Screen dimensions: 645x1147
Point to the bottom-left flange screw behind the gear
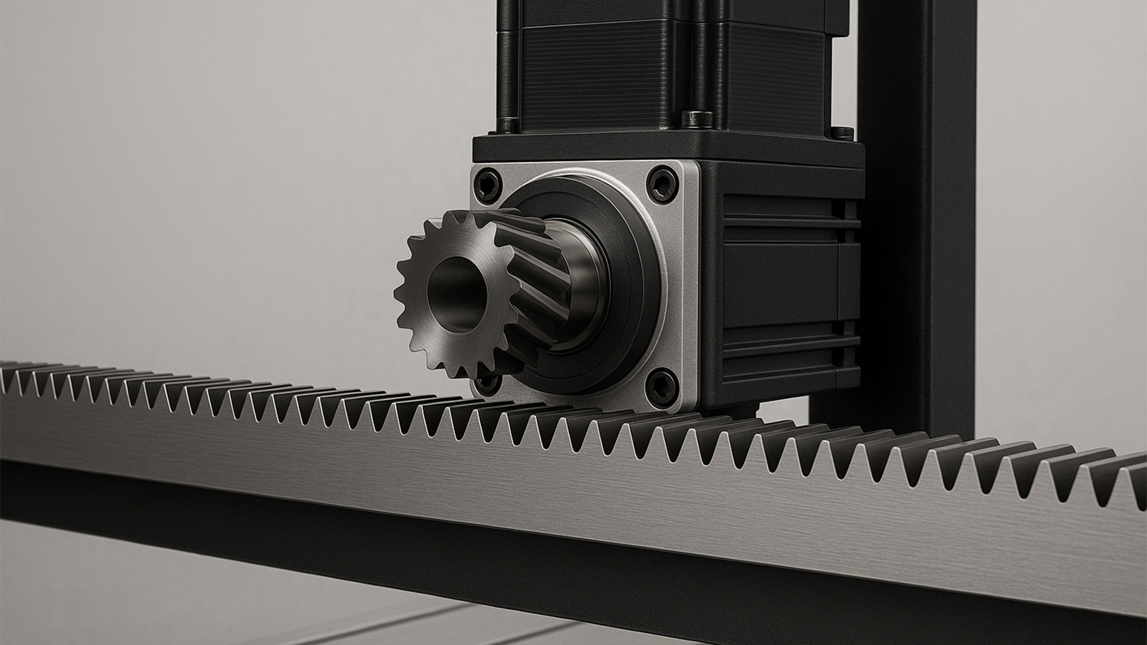pyautogui.click(x=487, y=381)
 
